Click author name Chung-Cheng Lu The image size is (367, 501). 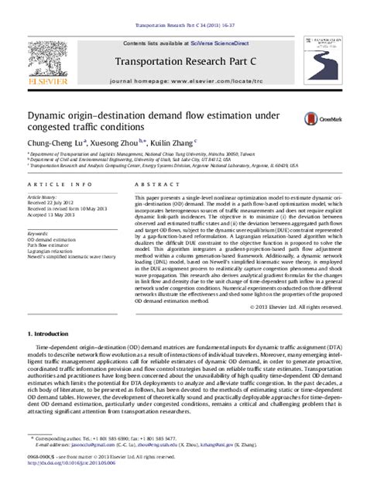[x=54, y=142]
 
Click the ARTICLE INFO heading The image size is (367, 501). [x=50, y=186]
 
